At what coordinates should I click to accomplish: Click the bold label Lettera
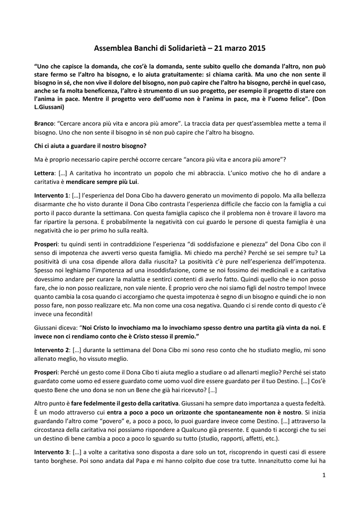(x=44, y=173)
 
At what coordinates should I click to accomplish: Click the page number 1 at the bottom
(x=323, y=476)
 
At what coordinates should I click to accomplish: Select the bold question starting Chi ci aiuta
(x=90, y=146)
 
